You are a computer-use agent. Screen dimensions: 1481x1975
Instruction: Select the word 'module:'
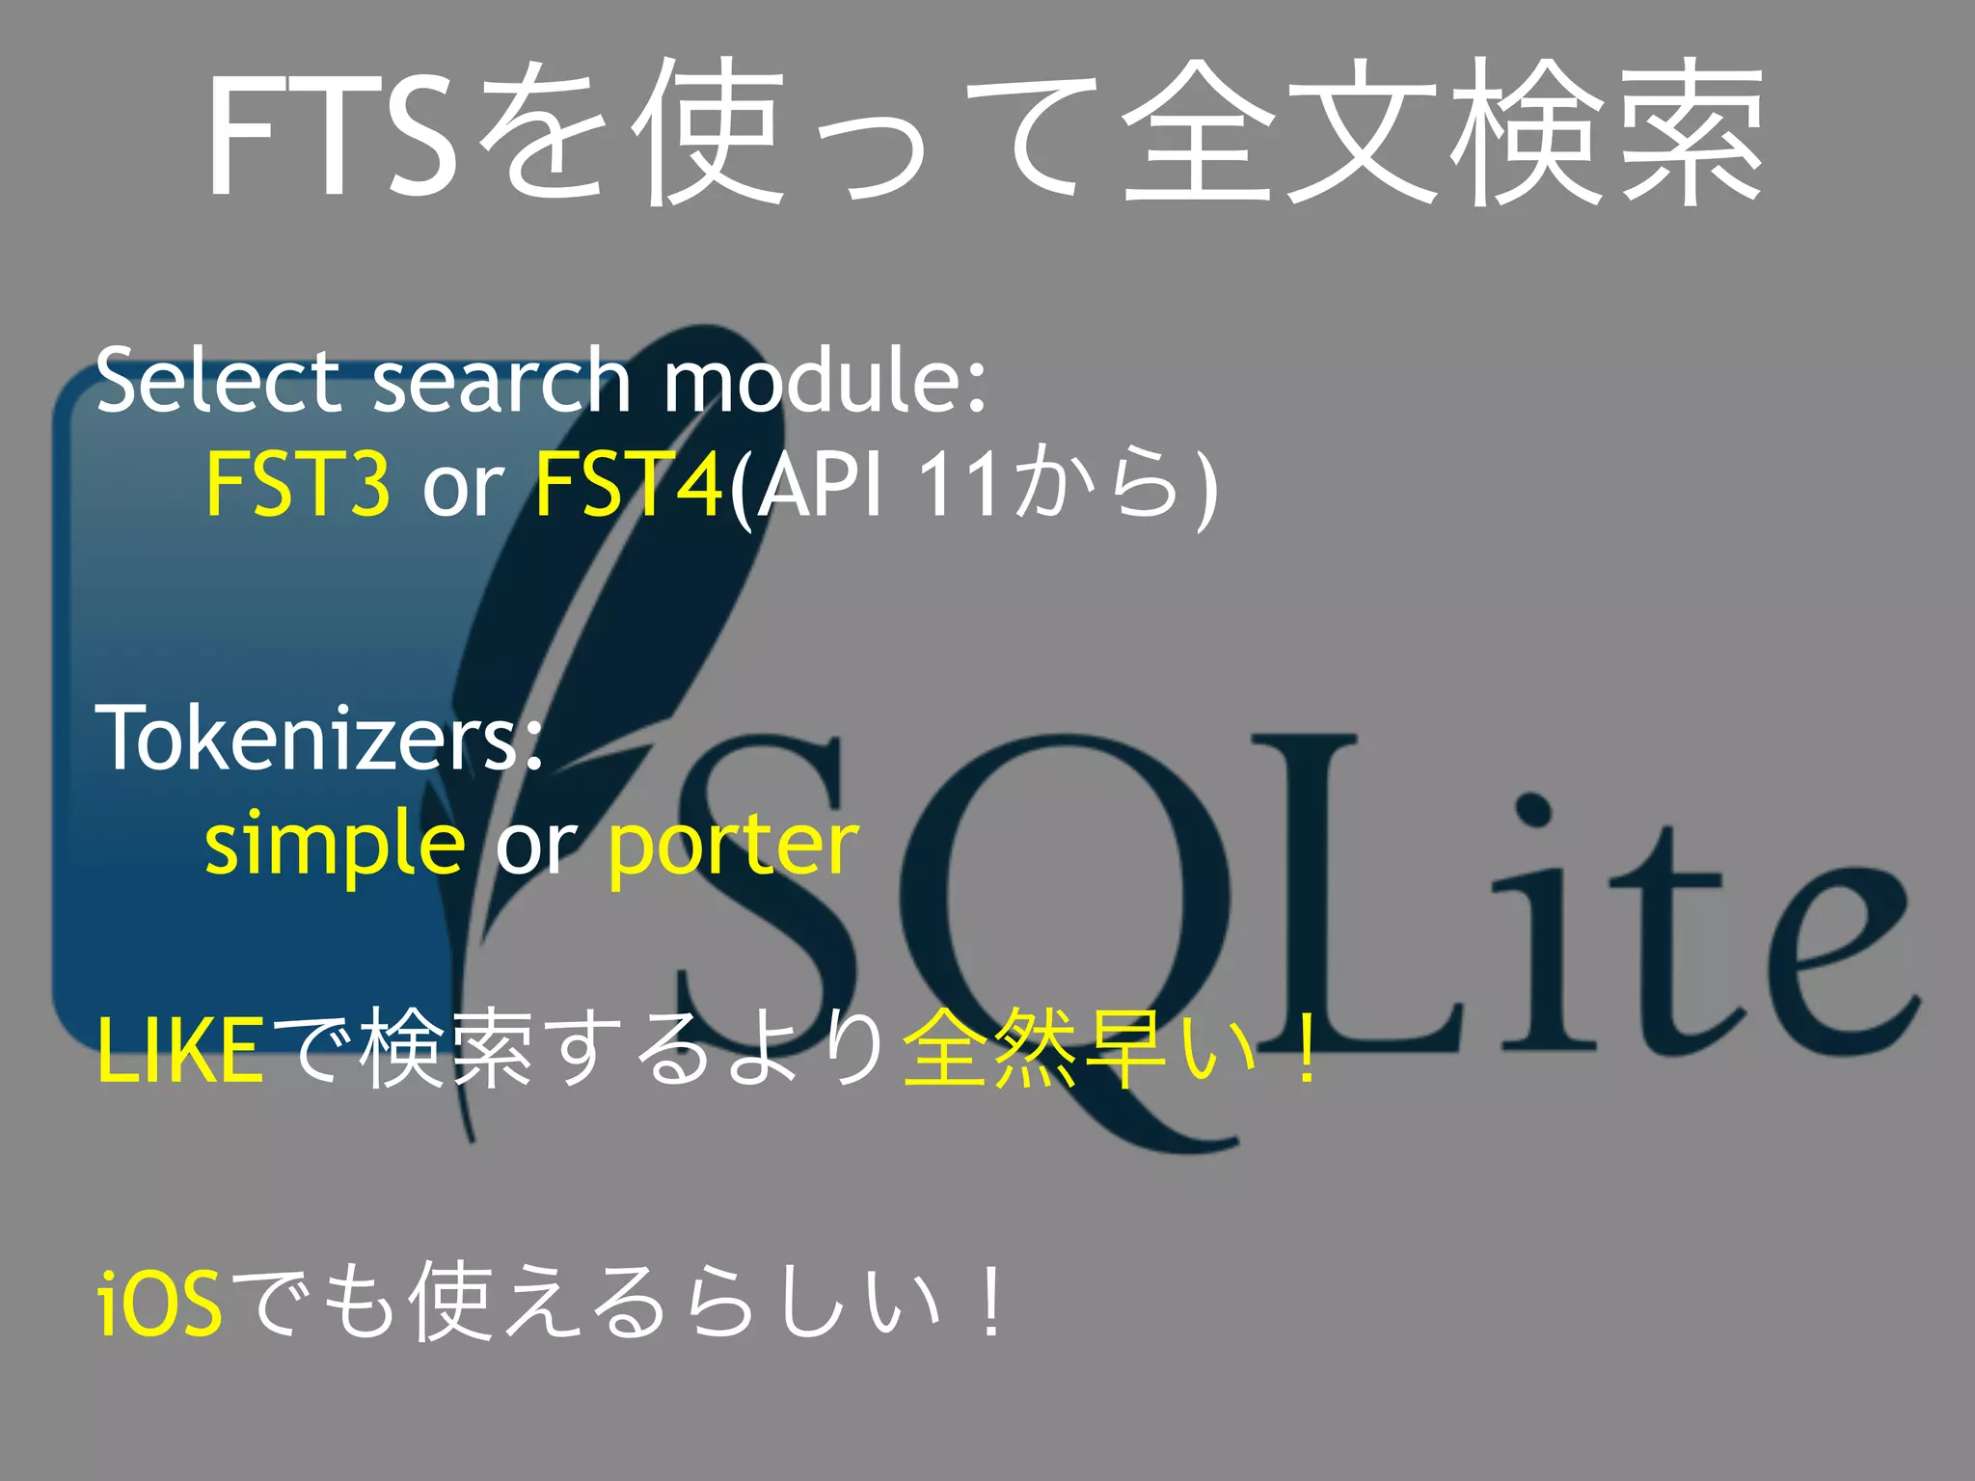[x=825, y=381]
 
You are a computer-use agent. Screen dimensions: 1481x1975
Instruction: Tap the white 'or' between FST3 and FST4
[x=463, y=485]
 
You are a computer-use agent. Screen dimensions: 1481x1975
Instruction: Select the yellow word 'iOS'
[x=160, y=1305]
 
